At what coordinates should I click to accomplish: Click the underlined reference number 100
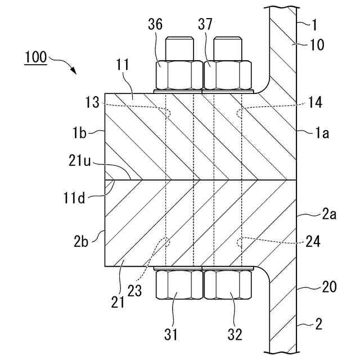coord(35,57)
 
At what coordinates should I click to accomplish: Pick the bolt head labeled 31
coord(178,285)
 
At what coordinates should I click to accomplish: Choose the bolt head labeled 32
coord(228,285)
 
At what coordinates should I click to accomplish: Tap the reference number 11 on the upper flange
coord(123,65)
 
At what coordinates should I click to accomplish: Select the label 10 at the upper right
coord(317,44)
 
